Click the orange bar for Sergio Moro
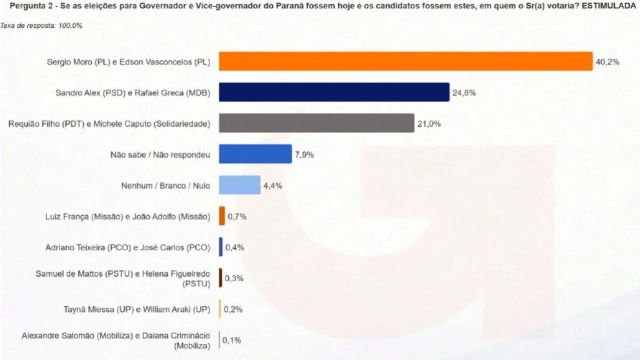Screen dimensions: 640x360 tap(406, 61)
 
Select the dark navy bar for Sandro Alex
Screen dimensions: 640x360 tap(334, 92)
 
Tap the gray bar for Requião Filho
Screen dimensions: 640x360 tap(317, 123)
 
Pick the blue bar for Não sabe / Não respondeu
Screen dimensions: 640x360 tap(255, 154)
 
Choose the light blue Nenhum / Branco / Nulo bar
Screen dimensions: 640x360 tap(240, 185)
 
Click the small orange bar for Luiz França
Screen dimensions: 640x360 tap(222, 216)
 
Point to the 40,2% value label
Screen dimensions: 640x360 tap(607, 62)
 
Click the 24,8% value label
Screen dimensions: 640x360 tap(464, 93)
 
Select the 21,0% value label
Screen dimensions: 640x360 tap(429, 124)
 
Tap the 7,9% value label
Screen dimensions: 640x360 tap(304, 154)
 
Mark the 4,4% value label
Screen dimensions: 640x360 tap(273, 185)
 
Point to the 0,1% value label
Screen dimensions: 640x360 tap(232, 340)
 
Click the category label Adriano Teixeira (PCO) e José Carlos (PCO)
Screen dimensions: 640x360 tap(128, 248)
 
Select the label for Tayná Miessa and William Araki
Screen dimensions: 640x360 tap(137, 310)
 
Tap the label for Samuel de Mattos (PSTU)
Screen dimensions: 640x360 tap(123, 279)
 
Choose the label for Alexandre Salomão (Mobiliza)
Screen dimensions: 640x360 tap(116, 341)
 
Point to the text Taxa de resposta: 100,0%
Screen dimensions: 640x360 tap(41, 26)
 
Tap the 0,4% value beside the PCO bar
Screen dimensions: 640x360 tap(235, 248)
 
